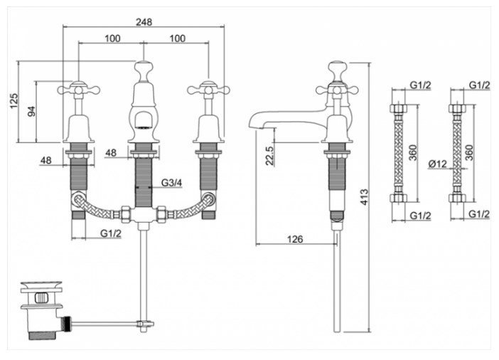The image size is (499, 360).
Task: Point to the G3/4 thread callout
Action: [x=171, y=184]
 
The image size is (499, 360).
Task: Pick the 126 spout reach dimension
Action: [x=296, y=239]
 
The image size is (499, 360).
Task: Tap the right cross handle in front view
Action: [x=208, y=90]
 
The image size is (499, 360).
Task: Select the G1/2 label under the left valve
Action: [x=109, y=233]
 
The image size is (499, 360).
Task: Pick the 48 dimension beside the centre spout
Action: [x=111, y=152]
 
